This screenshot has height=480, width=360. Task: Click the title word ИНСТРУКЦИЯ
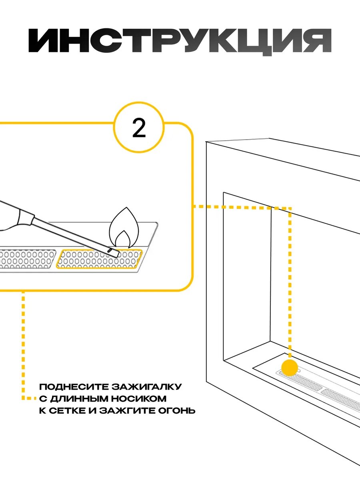click(x=180, y=41)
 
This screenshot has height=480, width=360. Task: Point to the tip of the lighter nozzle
click(x=116, y=253)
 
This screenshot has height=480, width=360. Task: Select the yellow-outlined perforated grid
click(x=99, y=259)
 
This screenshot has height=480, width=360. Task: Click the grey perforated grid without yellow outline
click(x=27, y=259)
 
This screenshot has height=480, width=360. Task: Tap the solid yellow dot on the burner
click(x=290, y=367)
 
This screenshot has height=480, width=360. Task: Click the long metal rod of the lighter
click(x=72, y=235)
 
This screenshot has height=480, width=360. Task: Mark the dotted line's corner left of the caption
click(x=23, y=398)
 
